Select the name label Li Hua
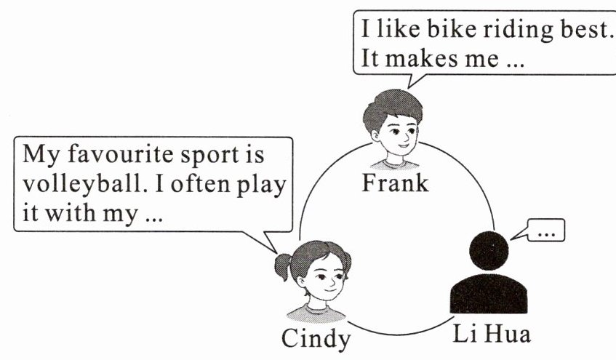pos(492,335)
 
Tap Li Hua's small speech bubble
pos(546,232)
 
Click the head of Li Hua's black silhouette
pos(489,251)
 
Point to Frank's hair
pos(392,105)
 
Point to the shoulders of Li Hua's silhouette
pos(489,295)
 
